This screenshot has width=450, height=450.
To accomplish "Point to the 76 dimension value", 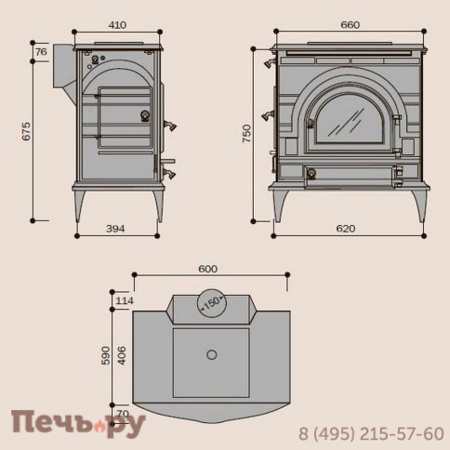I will click(x=42, y=52).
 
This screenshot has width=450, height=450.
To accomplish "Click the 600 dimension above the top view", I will click(x=208, y=269).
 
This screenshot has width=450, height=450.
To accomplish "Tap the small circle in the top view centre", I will click(x=211, y=353).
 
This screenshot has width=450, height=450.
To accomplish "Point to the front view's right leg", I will click(x=417, y=204).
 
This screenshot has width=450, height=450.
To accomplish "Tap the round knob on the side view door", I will click(x=144, y=116).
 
